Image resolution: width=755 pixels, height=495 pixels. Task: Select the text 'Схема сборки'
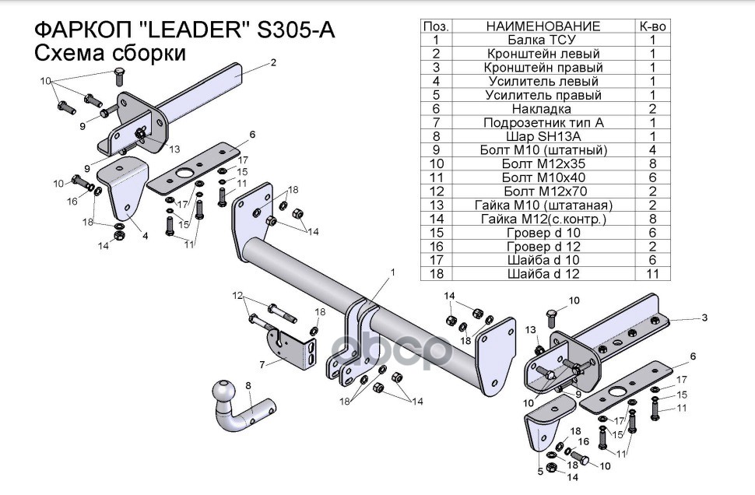[110, 54]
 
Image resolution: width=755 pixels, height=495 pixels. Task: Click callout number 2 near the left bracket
[274, 63]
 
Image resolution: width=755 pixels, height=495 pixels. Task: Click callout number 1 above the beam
[393, 272]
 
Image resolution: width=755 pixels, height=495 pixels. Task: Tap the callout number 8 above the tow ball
[248, 385]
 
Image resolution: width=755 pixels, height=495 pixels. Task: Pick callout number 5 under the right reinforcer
[541, 470]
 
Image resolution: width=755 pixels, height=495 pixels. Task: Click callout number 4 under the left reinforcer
[145, 236]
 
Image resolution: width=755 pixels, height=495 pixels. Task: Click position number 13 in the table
[436, 205]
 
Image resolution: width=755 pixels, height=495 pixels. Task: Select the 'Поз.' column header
[436, 26]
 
